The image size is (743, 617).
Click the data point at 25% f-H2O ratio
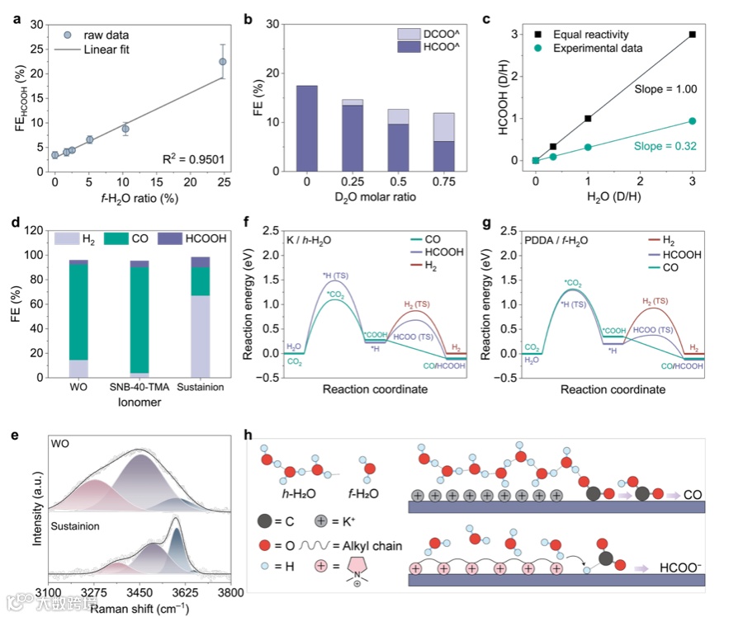click(222, 62)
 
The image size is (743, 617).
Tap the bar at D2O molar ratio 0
click(306, 128)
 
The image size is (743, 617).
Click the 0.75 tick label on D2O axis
click(442, 181)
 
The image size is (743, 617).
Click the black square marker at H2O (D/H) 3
click(692, 35)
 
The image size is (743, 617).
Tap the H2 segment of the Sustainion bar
click(201, 336)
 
